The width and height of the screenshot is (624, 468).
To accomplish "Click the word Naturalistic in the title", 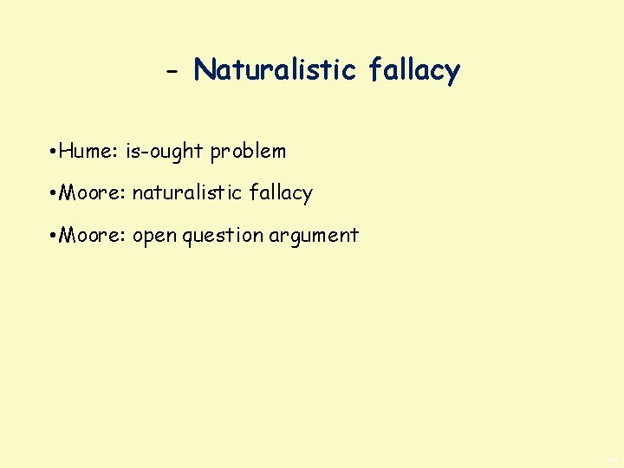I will (276, 68).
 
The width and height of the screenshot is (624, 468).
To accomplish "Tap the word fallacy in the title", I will (413, 68).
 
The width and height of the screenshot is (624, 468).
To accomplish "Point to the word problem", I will (248, 151).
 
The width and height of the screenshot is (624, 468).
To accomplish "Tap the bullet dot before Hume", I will (54, 152).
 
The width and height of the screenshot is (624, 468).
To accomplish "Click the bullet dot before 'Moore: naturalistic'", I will (54, 193).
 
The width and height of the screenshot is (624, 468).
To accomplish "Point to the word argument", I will (314, 236).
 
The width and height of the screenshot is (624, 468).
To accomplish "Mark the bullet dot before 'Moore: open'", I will (54, 236).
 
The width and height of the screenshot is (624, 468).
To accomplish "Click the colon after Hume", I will (117, 153).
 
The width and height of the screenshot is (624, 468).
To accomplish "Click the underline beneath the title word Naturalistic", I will (276, 83).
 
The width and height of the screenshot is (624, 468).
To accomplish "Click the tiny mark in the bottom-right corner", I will (613, 460).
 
